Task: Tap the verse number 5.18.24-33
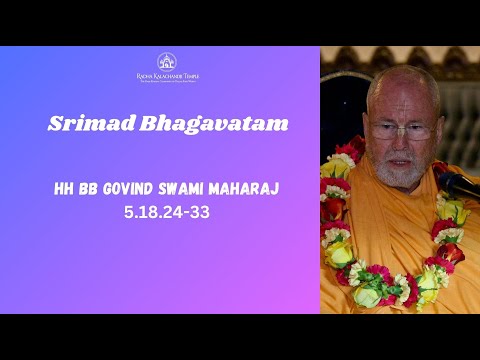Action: coord(168,211)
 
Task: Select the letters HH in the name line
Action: coord(67,190)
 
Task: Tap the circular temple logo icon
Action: coord(168,62)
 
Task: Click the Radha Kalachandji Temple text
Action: coord(168,76)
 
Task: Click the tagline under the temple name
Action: coord(168,82)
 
